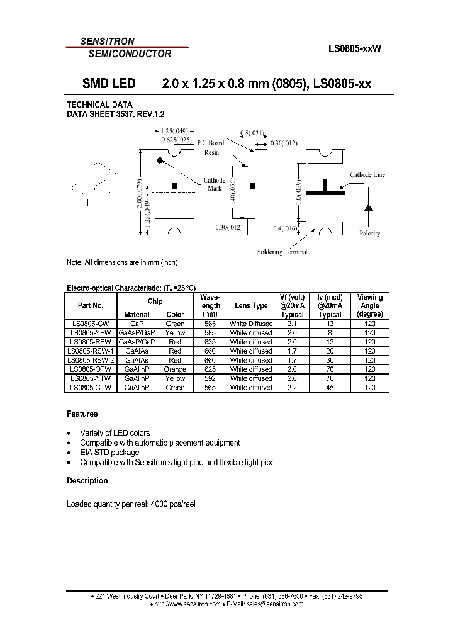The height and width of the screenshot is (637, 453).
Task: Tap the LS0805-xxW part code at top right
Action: [354, 48]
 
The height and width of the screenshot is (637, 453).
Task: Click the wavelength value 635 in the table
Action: [210, 342]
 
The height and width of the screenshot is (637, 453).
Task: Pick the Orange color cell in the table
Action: [175, 369]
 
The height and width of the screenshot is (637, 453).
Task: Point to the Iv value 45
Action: [330, 388]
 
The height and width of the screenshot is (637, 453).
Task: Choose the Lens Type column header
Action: [251, 305]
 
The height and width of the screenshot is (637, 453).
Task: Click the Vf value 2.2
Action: [292, 388]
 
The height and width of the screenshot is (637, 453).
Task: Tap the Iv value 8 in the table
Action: [330, 333]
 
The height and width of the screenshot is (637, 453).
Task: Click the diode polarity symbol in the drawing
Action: [369, 208]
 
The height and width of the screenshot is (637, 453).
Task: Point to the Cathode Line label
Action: [367, 175]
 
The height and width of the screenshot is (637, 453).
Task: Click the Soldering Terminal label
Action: [282, 252]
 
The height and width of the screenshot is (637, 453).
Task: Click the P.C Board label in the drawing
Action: [210, 143]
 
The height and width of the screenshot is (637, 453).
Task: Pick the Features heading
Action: [82, 414]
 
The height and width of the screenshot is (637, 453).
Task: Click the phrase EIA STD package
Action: [109, 453]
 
